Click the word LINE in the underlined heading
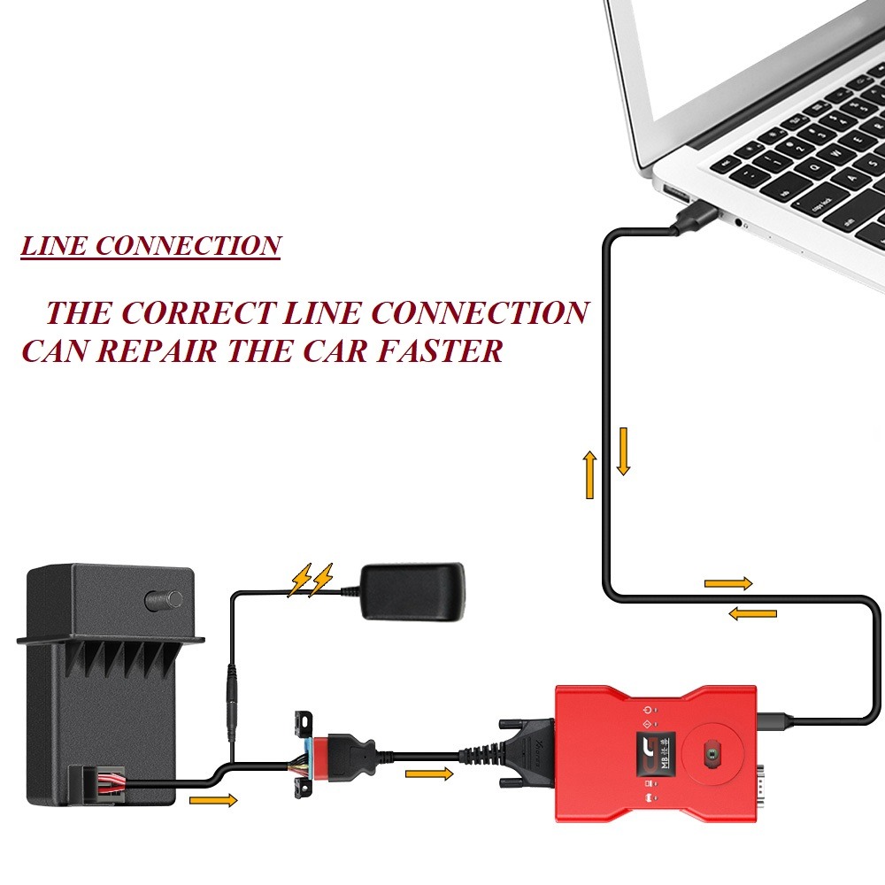pos(54,246)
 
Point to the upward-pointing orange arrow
pos(589,474)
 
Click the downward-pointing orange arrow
pos(623,450)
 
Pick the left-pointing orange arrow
pos(752,613)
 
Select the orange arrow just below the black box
pos(213,801)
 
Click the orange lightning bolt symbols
pos(312,579)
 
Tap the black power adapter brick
pos(413,590)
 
